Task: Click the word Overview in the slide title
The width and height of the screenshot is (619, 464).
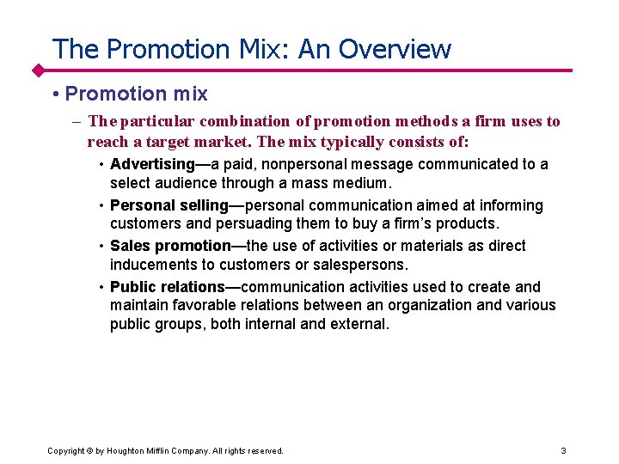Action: coord(395,49)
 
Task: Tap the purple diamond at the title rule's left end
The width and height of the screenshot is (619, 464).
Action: coord(38,70)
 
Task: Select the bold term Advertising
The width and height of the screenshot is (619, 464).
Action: coord(152,164)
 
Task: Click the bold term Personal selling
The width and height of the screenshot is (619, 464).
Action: coord(169,205)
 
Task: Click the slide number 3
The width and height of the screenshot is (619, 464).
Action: coord(563,450)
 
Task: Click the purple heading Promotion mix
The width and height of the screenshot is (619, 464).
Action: coord(136,94)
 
